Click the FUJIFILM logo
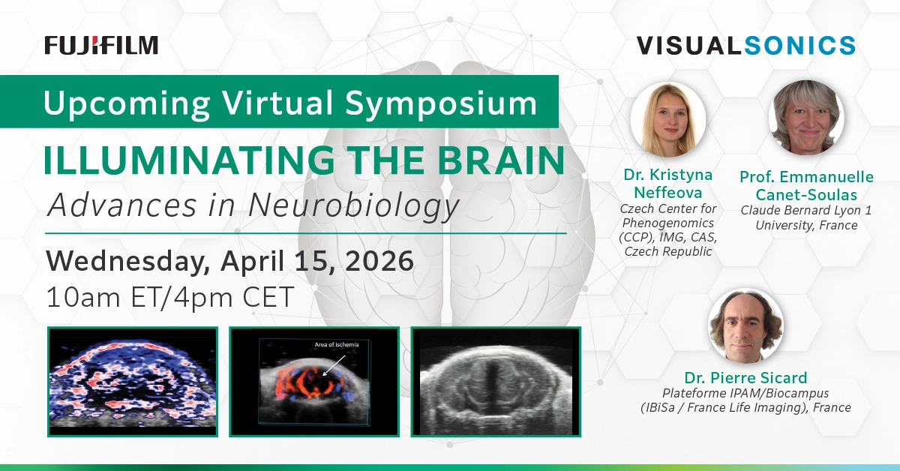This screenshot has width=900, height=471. coord(101,45)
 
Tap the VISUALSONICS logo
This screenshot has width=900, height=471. coord(746,45)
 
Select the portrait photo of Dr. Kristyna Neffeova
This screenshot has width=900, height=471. coord(667,120)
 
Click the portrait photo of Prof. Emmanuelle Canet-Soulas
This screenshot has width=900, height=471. coord(807,118)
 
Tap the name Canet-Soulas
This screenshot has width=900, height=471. coord(807,195)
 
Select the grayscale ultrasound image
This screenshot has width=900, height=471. coord(496,381)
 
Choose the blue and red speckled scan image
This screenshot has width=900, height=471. coord(132,381)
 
